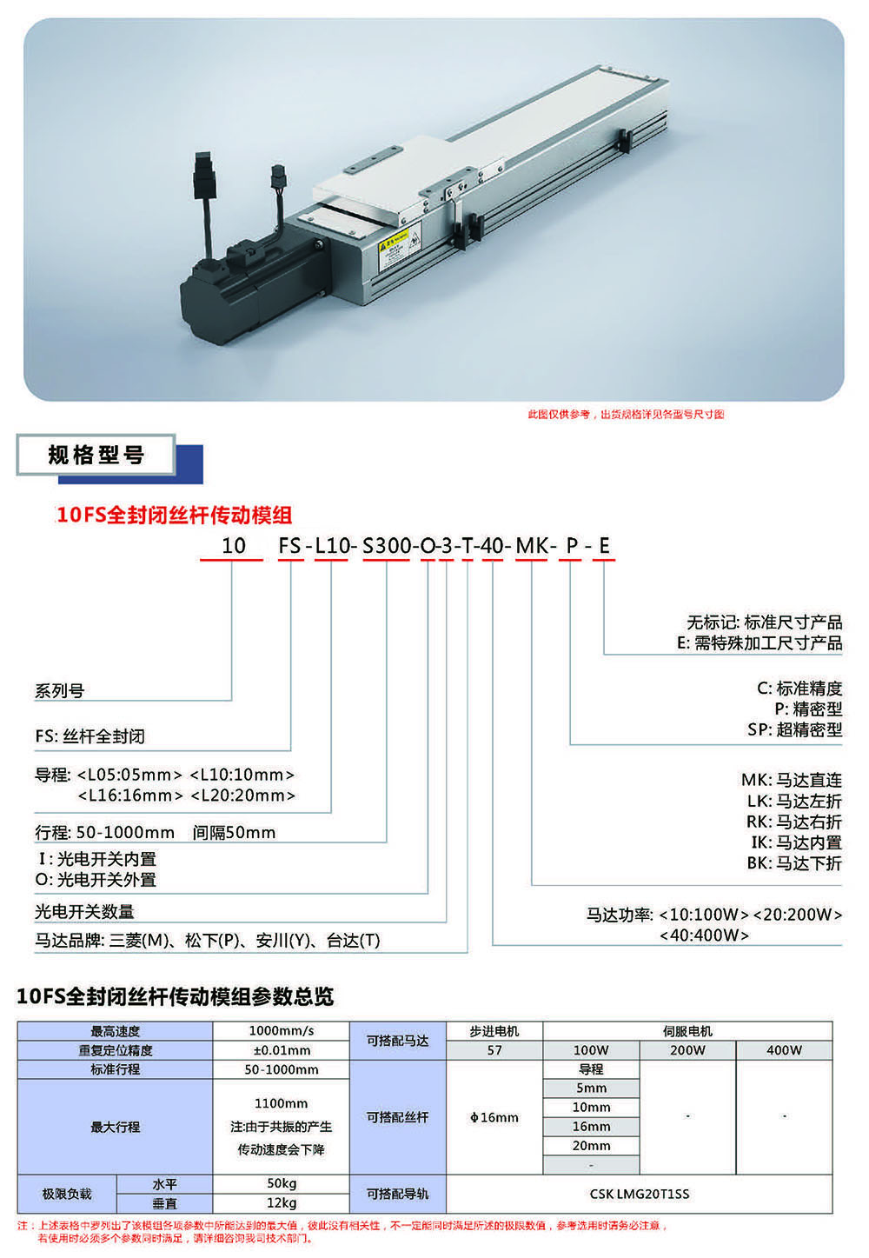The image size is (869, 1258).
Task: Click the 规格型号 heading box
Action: pos(96,455)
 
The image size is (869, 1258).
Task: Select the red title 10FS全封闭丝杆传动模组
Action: pos(174,515)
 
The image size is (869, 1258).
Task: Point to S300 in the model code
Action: pos(386,546)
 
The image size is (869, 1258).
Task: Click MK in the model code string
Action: pos(531,546)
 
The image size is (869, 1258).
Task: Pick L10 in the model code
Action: pos(331,546)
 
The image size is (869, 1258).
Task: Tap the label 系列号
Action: pos(60,691)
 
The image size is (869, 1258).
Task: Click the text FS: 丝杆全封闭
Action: pos(90,736)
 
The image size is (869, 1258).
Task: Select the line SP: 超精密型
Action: pos(794,730)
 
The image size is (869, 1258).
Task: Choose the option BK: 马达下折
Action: pos(793,863)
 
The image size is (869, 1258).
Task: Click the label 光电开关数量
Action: pos(84,912)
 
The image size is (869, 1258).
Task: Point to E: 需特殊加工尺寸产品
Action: pos(760,643)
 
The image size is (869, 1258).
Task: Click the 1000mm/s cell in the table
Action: pos(282,1031)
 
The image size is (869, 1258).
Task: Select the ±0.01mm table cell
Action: pos(282,1050)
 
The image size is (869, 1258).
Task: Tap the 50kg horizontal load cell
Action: pos(282,1184)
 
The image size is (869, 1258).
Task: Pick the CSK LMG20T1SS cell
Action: pos(639,1194)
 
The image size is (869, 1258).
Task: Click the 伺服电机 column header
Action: pos(687,1031)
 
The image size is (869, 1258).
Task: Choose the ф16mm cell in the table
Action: pos(494,1117)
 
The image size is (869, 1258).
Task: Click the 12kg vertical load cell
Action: pos(282,1203)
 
